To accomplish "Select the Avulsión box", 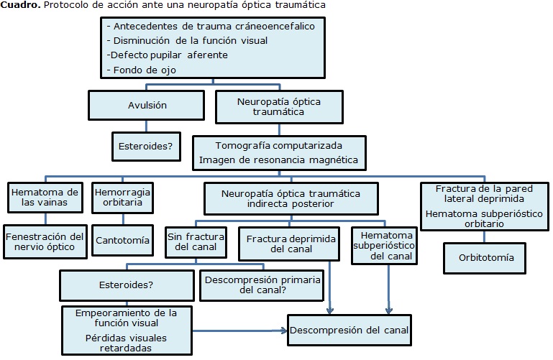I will [147, 106].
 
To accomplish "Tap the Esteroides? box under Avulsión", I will [147, 147].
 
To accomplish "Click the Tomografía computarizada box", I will [280, 152].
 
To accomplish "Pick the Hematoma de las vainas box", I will [44, 197].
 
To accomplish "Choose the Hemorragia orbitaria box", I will [122, 197].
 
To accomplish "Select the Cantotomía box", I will [122, 240].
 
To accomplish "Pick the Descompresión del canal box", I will [350, 331].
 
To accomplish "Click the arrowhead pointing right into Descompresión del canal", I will [285, 331].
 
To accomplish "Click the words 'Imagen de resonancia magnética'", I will [280, 160].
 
